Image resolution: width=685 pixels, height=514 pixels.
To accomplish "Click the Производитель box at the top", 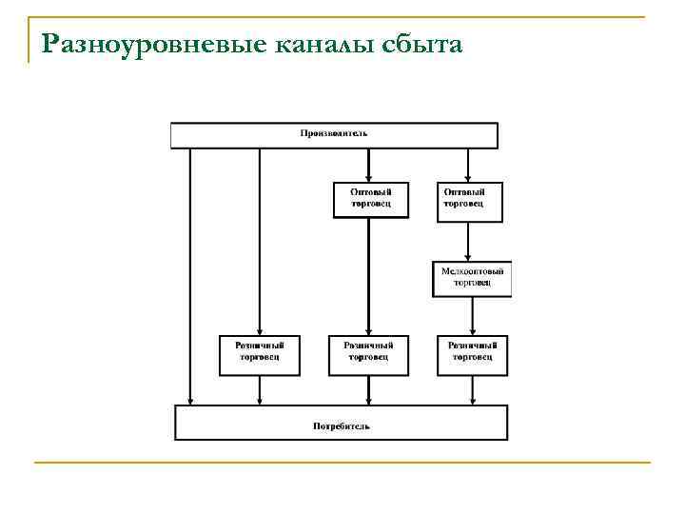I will pos(334,135).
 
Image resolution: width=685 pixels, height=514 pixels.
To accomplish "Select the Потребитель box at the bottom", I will pos(341,424).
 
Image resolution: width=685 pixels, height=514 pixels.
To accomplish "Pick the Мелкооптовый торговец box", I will pos(472,278).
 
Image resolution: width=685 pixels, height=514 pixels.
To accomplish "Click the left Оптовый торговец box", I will pos(370,200).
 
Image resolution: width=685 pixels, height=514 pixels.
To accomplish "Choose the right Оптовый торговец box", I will pos(468,200).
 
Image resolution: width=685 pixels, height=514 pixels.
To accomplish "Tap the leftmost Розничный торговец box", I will pos(259,352).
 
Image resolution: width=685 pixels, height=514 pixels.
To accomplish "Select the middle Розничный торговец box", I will pos(368,352).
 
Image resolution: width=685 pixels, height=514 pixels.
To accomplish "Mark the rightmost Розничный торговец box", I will pos(472,352).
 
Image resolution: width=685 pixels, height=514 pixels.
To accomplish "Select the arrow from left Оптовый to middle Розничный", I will pos(368,276).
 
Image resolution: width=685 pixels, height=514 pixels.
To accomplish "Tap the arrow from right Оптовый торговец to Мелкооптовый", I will pos(468,242).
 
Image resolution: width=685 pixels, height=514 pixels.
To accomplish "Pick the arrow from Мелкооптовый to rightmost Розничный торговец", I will pos(472,314).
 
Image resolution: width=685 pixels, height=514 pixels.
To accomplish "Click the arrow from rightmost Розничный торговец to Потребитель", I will pos(472,390).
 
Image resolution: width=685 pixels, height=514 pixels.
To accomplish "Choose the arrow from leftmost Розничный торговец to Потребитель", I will pos(259,390).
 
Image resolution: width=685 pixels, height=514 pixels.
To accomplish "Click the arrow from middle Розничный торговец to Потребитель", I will pos(368,390).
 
